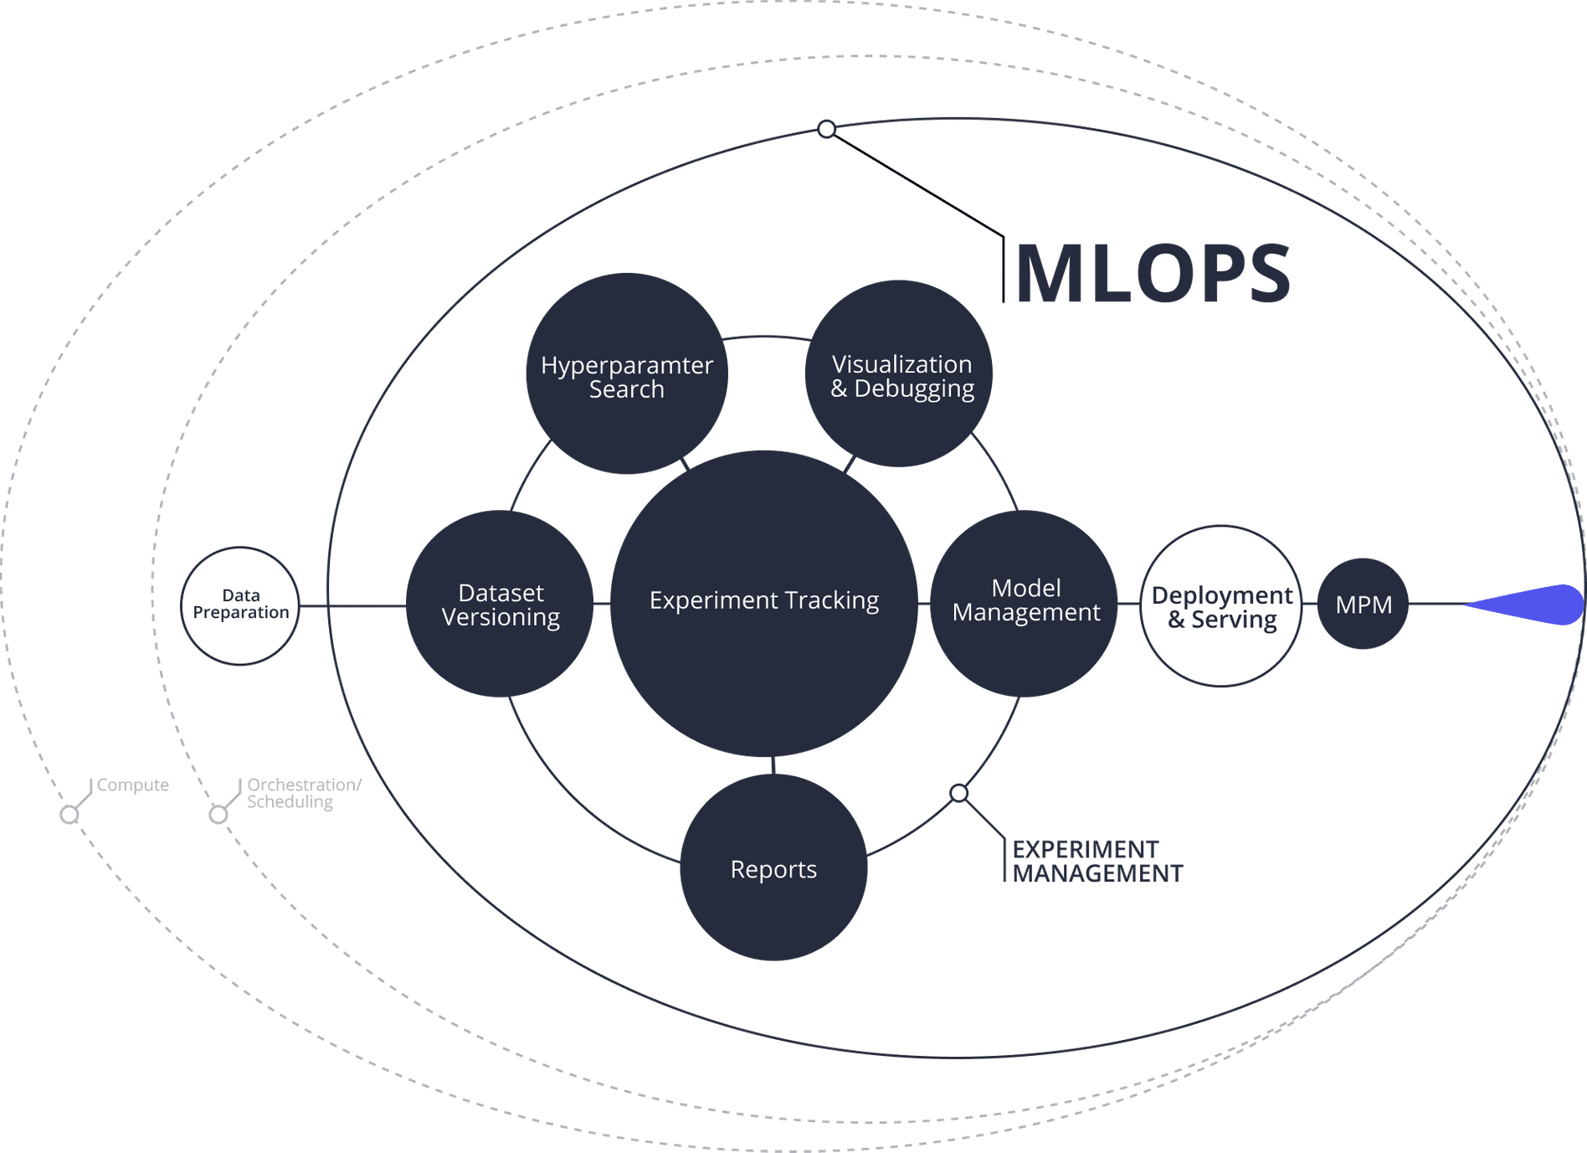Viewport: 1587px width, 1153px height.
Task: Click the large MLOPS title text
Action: pos(1153,274)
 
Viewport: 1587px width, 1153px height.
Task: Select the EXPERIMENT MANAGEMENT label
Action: pos(1097,862)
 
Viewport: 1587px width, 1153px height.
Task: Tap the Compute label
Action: pos(132,785)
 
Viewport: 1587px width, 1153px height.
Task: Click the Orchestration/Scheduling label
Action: pos(303,794)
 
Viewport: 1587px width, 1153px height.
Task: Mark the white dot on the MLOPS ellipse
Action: pos(826,129)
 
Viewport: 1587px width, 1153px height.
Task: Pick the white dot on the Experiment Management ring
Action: pos(959,793)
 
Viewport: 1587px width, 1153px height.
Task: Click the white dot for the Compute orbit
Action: pos(69,815)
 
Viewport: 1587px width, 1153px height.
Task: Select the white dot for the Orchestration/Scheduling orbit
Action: pos(218,815)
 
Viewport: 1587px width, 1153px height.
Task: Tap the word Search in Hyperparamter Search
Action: pos(626,390)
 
